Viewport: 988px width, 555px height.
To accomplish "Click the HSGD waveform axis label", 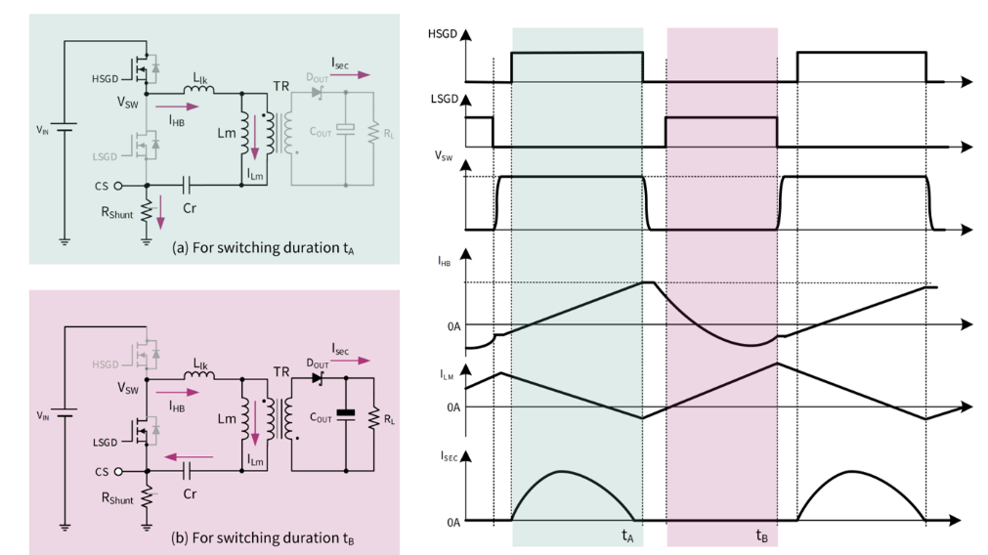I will pyautogui.click(x=442, y=35).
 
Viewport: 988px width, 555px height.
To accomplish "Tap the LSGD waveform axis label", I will pyautogui.click(x=442, y=100).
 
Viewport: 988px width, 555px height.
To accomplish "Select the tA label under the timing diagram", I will pyautogui.click(x=627, y=534).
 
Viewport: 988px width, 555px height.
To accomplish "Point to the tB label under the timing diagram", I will pyautogui.click(x=761, y=534).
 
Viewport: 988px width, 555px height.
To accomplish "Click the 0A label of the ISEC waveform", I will pyautogui.click(x=452, y=522).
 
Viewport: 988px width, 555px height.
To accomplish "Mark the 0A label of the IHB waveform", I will pyautogui.click(x=452, y=324).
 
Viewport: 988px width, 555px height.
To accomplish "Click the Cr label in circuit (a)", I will pyautogui.click(x=190, y=206).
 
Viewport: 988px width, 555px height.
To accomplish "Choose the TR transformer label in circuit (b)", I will pyautogui.click(x=281, y=372).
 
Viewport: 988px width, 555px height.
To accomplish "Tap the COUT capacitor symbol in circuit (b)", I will pyautogui.click(x=345, y=414).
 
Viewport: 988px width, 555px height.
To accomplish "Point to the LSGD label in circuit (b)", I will pyautogui.click(x=105, y=443).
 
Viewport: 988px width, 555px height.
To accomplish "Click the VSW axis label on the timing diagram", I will pyautogui.click(x=443, y=155).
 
